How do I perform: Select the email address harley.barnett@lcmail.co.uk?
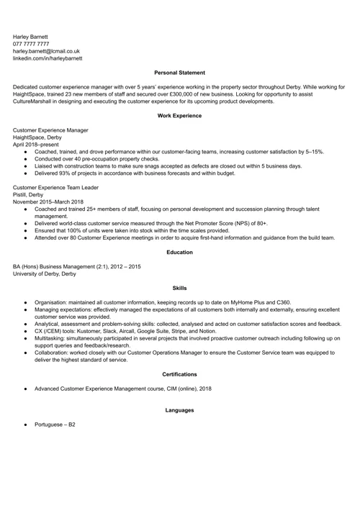[x=46, y=51]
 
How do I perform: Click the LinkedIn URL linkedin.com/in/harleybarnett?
[x=48, y=58]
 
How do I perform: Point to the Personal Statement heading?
[x=179, y=73]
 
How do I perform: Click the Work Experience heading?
[x=179, y=116]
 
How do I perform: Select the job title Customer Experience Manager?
[x=50, y=130]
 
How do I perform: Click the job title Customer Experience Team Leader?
[x=55, y=187]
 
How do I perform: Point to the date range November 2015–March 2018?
[x=48, y=201]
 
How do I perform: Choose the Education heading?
[x=179, y=253]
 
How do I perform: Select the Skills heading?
[x=179, y=288]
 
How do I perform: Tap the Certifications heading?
[x=179, y=374]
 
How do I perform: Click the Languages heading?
[x=179, y=410]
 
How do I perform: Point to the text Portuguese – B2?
[x=55, y=425]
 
